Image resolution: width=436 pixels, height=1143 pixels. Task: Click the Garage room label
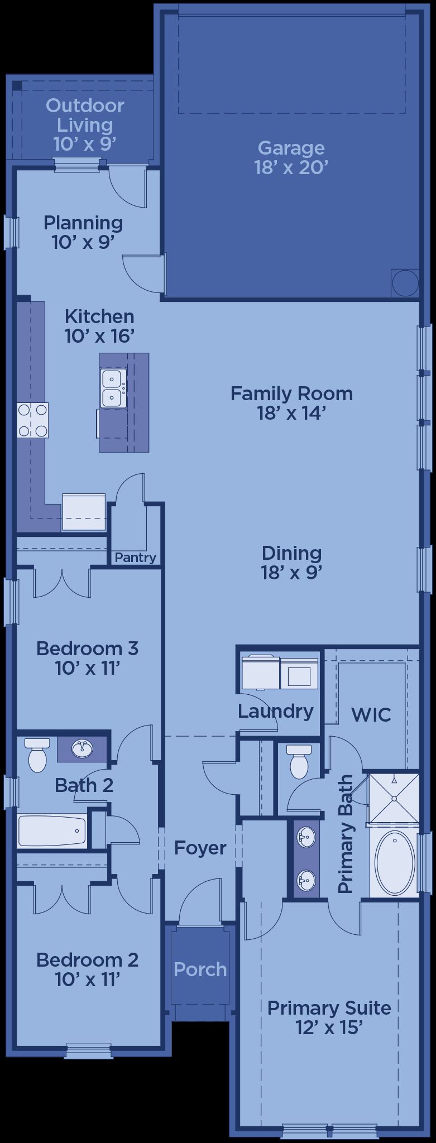[291, 148]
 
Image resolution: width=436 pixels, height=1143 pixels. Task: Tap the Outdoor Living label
[85, 115]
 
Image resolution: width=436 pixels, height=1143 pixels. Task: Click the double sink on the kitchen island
[113, 388]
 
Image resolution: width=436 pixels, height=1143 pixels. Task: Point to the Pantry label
[135, 558]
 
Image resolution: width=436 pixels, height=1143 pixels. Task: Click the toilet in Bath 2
[37, 755]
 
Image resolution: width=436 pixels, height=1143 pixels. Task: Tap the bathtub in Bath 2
[52, 830]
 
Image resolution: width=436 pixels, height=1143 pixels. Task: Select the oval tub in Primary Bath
[395, 864]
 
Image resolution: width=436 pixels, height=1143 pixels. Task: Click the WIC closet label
[371, 714]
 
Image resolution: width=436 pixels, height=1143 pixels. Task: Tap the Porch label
[200, 969]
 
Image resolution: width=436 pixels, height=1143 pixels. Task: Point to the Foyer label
[200, 848]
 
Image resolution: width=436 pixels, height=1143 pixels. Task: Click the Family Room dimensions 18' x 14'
[291, 413]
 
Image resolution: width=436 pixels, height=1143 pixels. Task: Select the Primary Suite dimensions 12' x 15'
[329, 1027]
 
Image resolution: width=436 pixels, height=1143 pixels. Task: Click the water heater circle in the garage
[405, 283]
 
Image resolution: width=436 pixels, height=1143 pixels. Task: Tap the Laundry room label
[276, 712]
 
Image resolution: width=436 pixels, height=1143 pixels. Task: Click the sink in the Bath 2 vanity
[83, 748]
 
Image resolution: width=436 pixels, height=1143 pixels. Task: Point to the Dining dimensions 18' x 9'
[291, 573]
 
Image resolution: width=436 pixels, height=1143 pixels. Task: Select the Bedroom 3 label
[87, 649]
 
